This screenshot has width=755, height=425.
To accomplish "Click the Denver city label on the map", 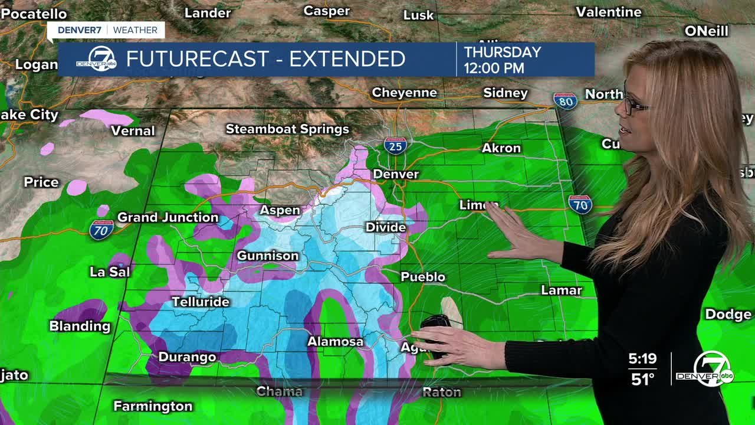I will click(x=396, y=174).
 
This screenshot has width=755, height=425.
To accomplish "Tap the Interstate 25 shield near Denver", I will click(x=395, y=145).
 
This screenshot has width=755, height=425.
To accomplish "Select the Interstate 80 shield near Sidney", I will click(x=565, y=101).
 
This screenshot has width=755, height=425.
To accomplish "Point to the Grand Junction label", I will click(x=168, y=217).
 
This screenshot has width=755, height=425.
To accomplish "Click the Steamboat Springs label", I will click(x=287, y=129).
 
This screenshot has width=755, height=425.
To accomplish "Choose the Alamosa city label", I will click(x=335, y=342).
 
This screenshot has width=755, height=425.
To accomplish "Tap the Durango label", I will click(x=187, y=357).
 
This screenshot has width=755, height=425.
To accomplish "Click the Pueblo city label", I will click(x=423, y=277).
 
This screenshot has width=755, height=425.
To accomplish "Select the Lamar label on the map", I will click(x=562, y=290).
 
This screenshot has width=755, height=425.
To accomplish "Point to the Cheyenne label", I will click(x=404, y=93).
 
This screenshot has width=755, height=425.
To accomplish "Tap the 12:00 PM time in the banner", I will click(x=494, y=68).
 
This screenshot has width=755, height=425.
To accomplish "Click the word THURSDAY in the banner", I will click(x=503, y=52).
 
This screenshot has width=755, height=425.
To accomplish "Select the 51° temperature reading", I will click(x=643, y=379).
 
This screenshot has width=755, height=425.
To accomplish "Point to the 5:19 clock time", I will click(x=642, y=359).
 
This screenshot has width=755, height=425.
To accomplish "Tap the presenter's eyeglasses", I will click(x=634, y=106).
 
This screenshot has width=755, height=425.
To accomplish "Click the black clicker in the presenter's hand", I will click(x=435, y=323).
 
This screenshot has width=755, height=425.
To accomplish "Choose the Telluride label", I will click(x=200, y=302).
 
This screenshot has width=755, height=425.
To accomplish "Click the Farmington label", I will click(x=153, y=406).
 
